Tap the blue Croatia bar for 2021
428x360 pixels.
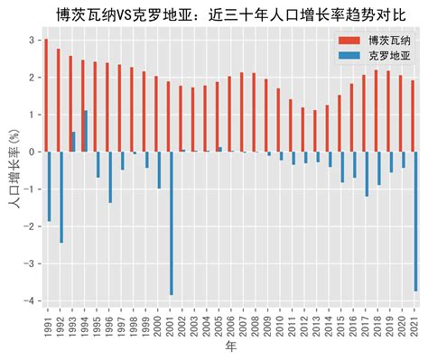click(416, 221)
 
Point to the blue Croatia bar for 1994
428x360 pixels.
click(86, 131)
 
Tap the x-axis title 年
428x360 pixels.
click(230, 349)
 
